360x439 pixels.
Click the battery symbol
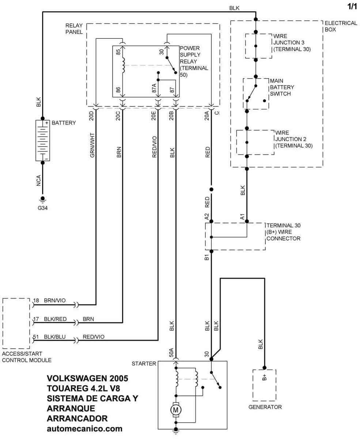point(42,140)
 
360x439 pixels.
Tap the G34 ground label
point(42,209)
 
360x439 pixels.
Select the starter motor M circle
point(175,410)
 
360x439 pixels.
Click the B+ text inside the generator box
point(264,378)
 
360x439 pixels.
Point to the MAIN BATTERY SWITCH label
point(282,87)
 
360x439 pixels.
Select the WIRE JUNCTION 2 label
point(293,139)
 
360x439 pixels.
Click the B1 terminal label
point(206,257)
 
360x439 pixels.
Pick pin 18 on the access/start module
point(36,300)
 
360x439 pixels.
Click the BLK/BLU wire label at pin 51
point(55,337)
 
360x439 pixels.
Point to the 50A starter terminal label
point(171,352)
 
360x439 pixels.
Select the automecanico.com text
point(84,428)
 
